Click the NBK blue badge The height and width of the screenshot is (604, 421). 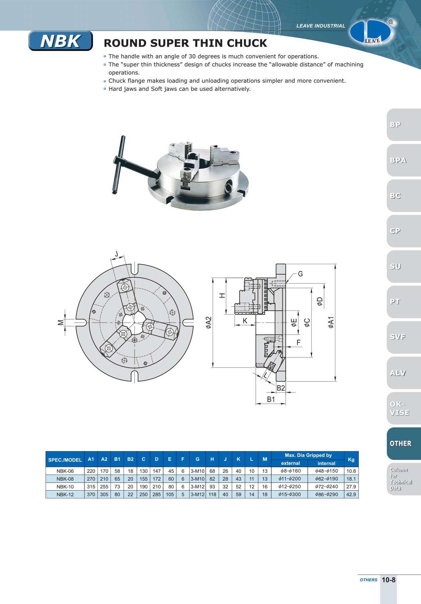coord(60,41)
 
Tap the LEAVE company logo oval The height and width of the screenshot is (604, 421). coord(370,32)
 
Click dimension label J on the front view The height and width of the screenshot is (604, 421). coord(116,254)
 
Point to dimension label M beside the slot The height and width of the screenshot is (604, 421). coord(60,322)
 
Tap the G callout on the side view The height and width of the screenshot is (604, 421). coord(300,274)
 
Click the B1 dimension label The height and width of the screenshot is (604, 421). coord(271,399)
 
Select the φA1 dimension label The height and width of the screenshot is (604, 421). coord(331,322)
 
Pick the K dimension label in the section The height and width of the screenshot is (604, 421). coord(245,321)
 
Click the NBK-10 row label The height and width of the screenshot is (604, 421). coord(65,487)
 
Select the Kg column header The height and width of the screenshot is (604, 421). coord(351,459)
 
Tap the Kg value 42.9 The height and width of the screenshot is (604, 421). coord(351,494)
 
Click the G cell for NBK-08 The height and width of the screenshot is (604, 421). coord(197,479)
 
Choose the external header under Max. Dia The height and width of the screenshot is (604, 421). coord(290,463)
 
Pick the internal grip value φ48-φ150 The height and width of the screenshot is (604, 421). coord(327,471)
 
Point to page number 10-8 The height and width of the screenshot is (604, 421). coord(389,580)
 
